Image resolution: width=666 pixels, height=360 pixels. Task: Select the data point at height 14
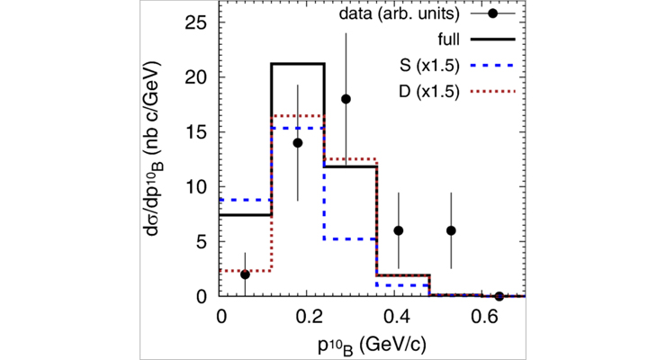[x=298, y=142]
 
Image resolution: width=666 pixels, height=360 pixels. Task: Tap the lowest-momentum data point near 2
[x=245, y=274]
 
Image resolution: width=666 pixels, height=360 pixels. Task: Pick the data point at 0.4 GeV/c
[x=398, y=230]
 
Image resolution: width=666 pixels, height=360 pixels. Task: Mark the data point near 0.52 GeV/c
[x=451, y=230]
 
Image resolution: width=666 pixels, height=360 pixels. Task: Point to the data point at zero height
[x=499, y=296]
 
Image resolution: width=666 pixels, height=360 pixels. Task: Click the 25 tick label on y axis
[x=196, y=22]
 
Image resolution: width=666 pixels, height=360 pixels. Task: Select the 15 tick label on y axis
[x=196, y=132]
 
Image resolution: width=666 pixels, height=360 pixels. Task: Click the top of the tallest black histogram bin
[x=298, y=64]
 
